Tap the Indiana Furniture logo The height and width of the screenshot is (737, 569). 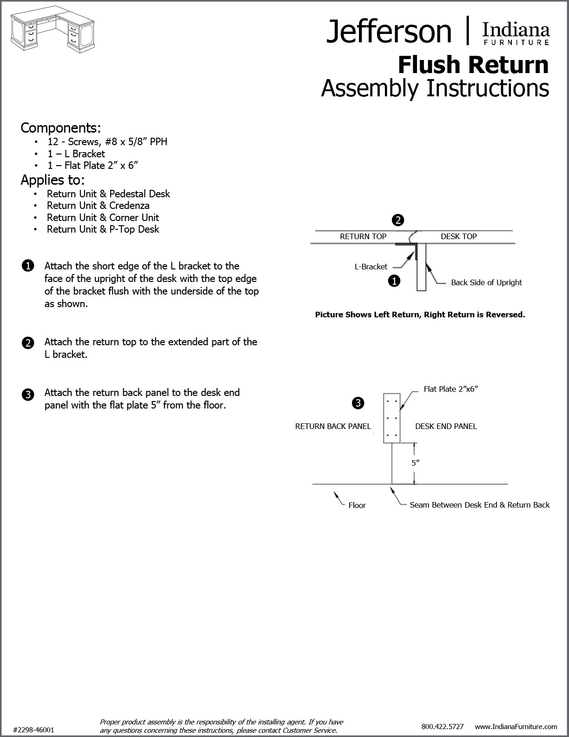[x=516, y=33]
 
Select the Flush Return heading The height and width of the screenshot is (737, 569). [x=473, y=65]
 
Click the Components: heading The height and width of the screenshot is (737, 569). [x=60, y=127]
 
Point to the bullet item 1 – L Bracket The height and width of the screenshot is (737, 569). [x=76, y=154]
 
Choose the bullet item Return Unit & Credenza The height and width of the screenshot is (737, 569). [x=98, y=205]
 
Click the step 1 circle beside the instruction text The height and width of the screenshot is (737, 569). [x=27, y=266]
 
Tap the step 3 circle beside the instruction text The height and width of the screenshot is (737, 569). [x=27, y=395]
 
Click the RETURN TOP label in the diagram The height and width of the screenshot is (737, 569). [x=363, y=236]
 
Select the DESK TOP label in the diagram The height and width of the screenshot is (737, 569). [x=458, y=236]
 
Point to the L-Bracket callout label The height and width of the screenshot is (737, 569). [x=371, y=267]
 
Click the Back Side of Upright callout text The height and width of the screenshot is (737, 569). [x=486, y=282]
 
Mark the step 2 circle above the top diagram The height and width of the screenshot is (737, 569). [x=398, y=220]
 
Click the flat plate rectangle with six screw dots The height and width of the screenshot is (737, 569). [x=391, y=418]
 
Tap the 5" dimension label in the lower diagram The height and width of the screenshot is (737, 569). [x=415, y=463]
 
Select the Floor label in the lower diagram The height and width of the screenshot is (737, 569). [x=357, y=505]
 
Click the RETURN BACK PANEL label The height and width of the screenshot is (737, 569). [x=333, y=426]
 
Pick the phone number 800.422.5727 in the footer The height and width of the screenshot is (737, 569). [x=442, y=726]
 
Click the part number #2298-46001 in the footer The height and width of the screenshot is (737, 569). [x=34, y=730]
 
